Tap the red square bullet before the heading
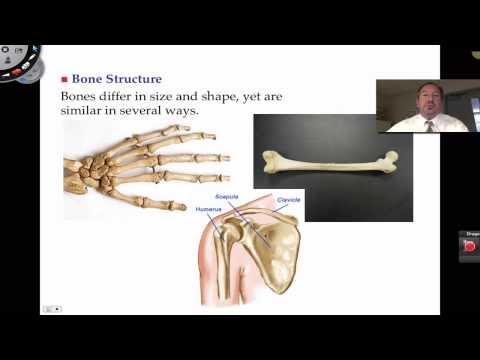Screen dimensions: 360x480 tap(65, 79)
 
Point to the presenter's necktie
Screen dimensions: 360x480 tap(428, 124)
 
